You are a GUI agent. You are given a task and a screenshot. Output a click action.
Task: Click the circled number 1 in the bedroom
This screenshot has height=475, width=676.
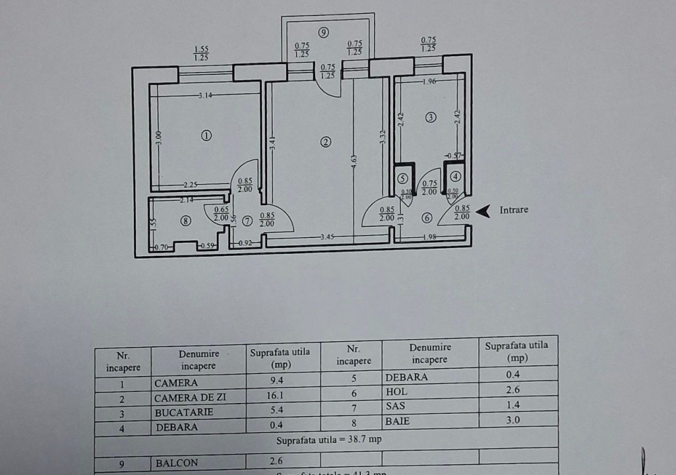click(206, 135)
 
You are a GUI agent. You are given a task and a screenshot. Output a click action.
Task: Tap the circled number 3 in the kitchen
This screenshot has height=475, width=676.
click(431, 117)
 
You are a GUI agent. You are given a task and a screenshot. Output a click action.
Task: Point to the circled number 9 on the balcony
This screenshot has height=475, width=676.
click(323, 32)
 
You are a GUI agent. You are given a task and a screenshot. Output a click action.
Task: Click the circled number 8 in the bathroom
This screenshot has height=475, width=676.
click(186, 222)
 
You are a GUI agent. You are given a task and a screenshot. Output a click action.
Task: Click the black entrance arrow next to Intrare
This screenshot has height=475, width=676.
click(483, 210)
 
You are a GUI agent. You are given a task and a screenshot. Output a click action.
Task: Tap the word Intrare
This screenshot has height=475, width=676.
click(514, 210)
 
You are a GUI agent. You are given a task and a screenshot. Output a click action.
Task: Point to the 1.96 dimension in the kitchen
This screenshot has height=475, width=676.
click(430, 82)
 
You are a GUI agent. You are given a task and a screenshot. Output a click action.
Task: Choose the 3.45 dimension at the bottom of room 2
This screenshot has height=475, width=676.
click(327, 236)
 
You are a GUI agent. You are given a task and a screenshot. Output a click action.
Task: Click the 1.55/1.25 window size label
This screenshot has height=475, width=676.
click(201, 53)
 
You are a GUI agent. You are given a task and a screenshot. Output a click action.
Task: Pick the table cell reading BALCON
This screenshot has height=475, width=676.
click(176, 462)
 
